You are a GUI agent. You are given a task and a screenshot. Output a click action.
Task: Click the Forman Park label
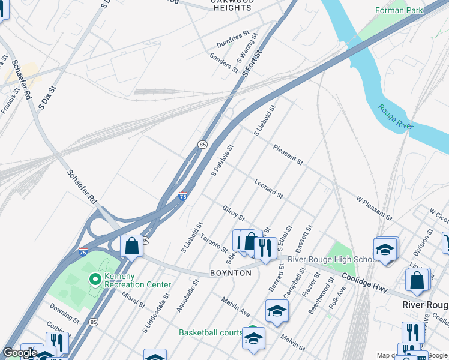(x=399, y=10)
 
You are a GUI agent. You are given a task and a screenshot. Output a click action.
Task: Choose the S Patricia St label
(x=222, y=160)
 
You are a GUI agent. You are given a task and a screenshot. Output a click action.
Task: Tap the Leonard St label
(x=268, y=188)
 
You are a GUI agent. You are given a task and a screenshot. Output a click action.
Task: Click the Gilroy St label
(x=233, y=212)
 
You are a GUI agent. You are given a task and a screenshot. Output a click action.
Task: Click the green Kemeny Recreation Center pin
(x=94, y=279)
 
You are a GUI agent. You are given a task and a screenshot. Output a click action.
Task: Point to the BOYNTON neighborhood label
(x=231, y=272)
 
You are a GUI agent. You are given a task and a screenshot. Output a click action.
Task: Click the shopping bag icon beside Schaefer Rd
(x=131, y=245)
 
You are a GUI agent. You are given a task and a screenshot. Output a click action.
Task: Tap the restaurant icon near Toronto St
(x=265, y=246)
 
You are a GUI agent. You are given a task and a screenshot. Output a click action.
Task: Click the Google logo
(x=20, y=353)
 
